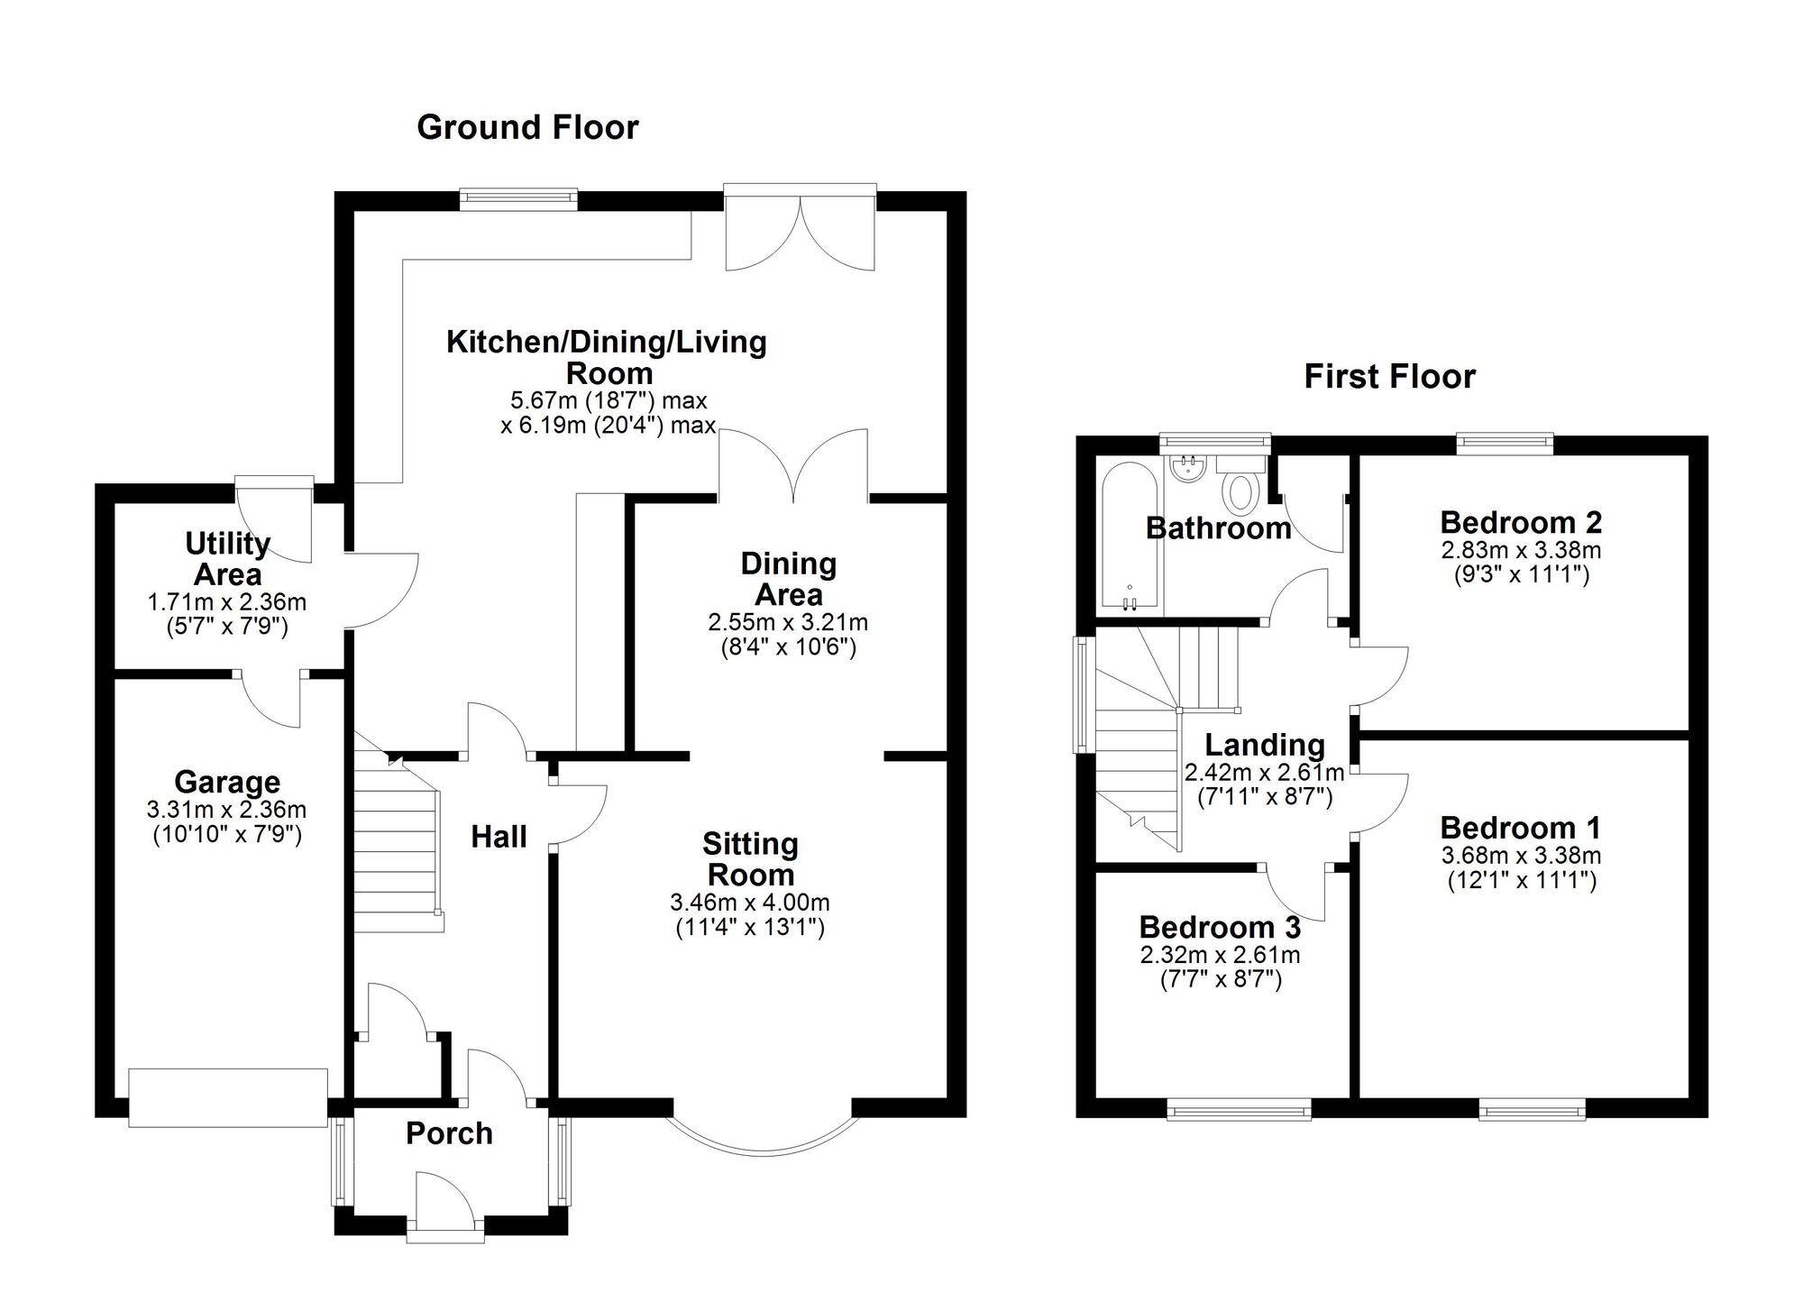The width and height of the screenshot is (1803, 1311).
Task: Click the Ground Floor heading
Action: tap(527, 128)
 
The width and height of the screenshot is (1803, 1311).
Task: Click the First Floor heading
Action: tap(1389, 377)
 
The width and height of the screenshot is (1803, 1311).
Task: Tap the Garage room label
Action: tap(227, 782)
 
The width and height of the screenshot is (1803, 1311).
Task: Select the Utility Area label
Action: tap(227, 559)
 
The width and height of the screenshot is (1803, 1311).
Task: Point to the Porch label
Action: tap(449, 1133)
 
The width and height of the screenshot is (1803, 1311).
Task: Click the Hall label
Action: tap(499, 838)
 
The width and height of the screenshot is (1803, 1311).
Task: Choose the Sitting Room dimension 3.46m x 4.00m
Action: tap(750, 903)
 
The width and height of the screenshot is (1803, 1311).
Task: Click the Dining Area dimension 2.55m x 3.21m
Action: tap(788, 622)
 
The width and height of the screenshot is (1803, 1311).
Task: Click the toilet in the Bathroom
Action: tap(1241, 491)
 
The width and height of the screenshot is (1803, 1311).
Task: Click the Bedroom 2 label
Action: tap(1521, 523)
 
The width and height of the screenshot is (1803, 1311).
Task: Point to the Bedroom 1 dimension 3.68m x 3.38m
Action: tap(1521, 856)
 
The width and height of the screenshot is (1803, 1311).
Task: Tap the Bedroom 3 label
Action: tap(1220, 928)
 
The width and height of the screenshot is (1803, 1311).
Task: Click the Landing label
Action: tap(1265, 745)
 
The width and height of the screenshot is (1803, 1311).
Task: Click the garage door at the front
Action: tap(228, 1097)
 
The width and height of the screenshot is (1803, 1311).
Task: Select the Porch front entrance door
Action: tap(445, 1208)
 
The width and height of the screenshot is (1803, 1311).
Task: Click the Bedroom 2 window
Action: tap(1506, 442)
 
